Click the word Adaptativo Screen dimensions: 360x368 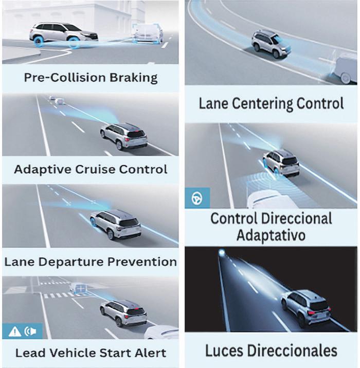click(271, 235)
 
